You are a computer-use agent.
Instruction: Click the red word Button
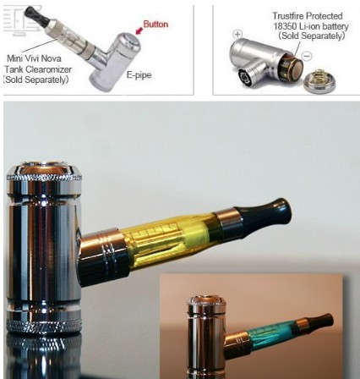(155, 25)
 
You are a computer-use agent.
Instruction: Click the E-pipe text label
(139, 75)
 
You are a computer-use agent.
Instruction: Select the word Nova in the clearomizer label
(41, 59)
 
